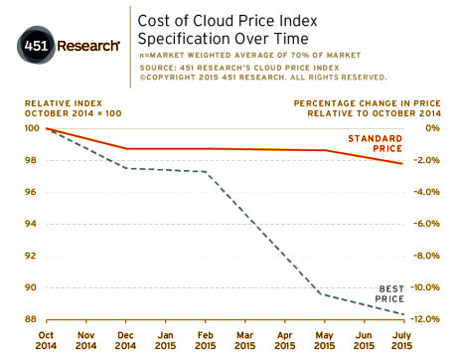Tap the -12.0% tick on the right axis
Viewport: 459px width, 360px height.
point(423,319)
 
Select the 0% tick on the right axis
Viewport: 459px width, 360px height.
point(431,128)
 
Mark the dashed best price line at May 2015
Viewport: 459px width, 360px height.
point(324,294)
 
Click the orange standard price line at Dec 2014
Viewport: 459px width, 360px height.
point(125,149)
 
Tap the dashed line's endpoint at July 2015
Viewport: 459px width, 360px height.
point(403,314)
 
